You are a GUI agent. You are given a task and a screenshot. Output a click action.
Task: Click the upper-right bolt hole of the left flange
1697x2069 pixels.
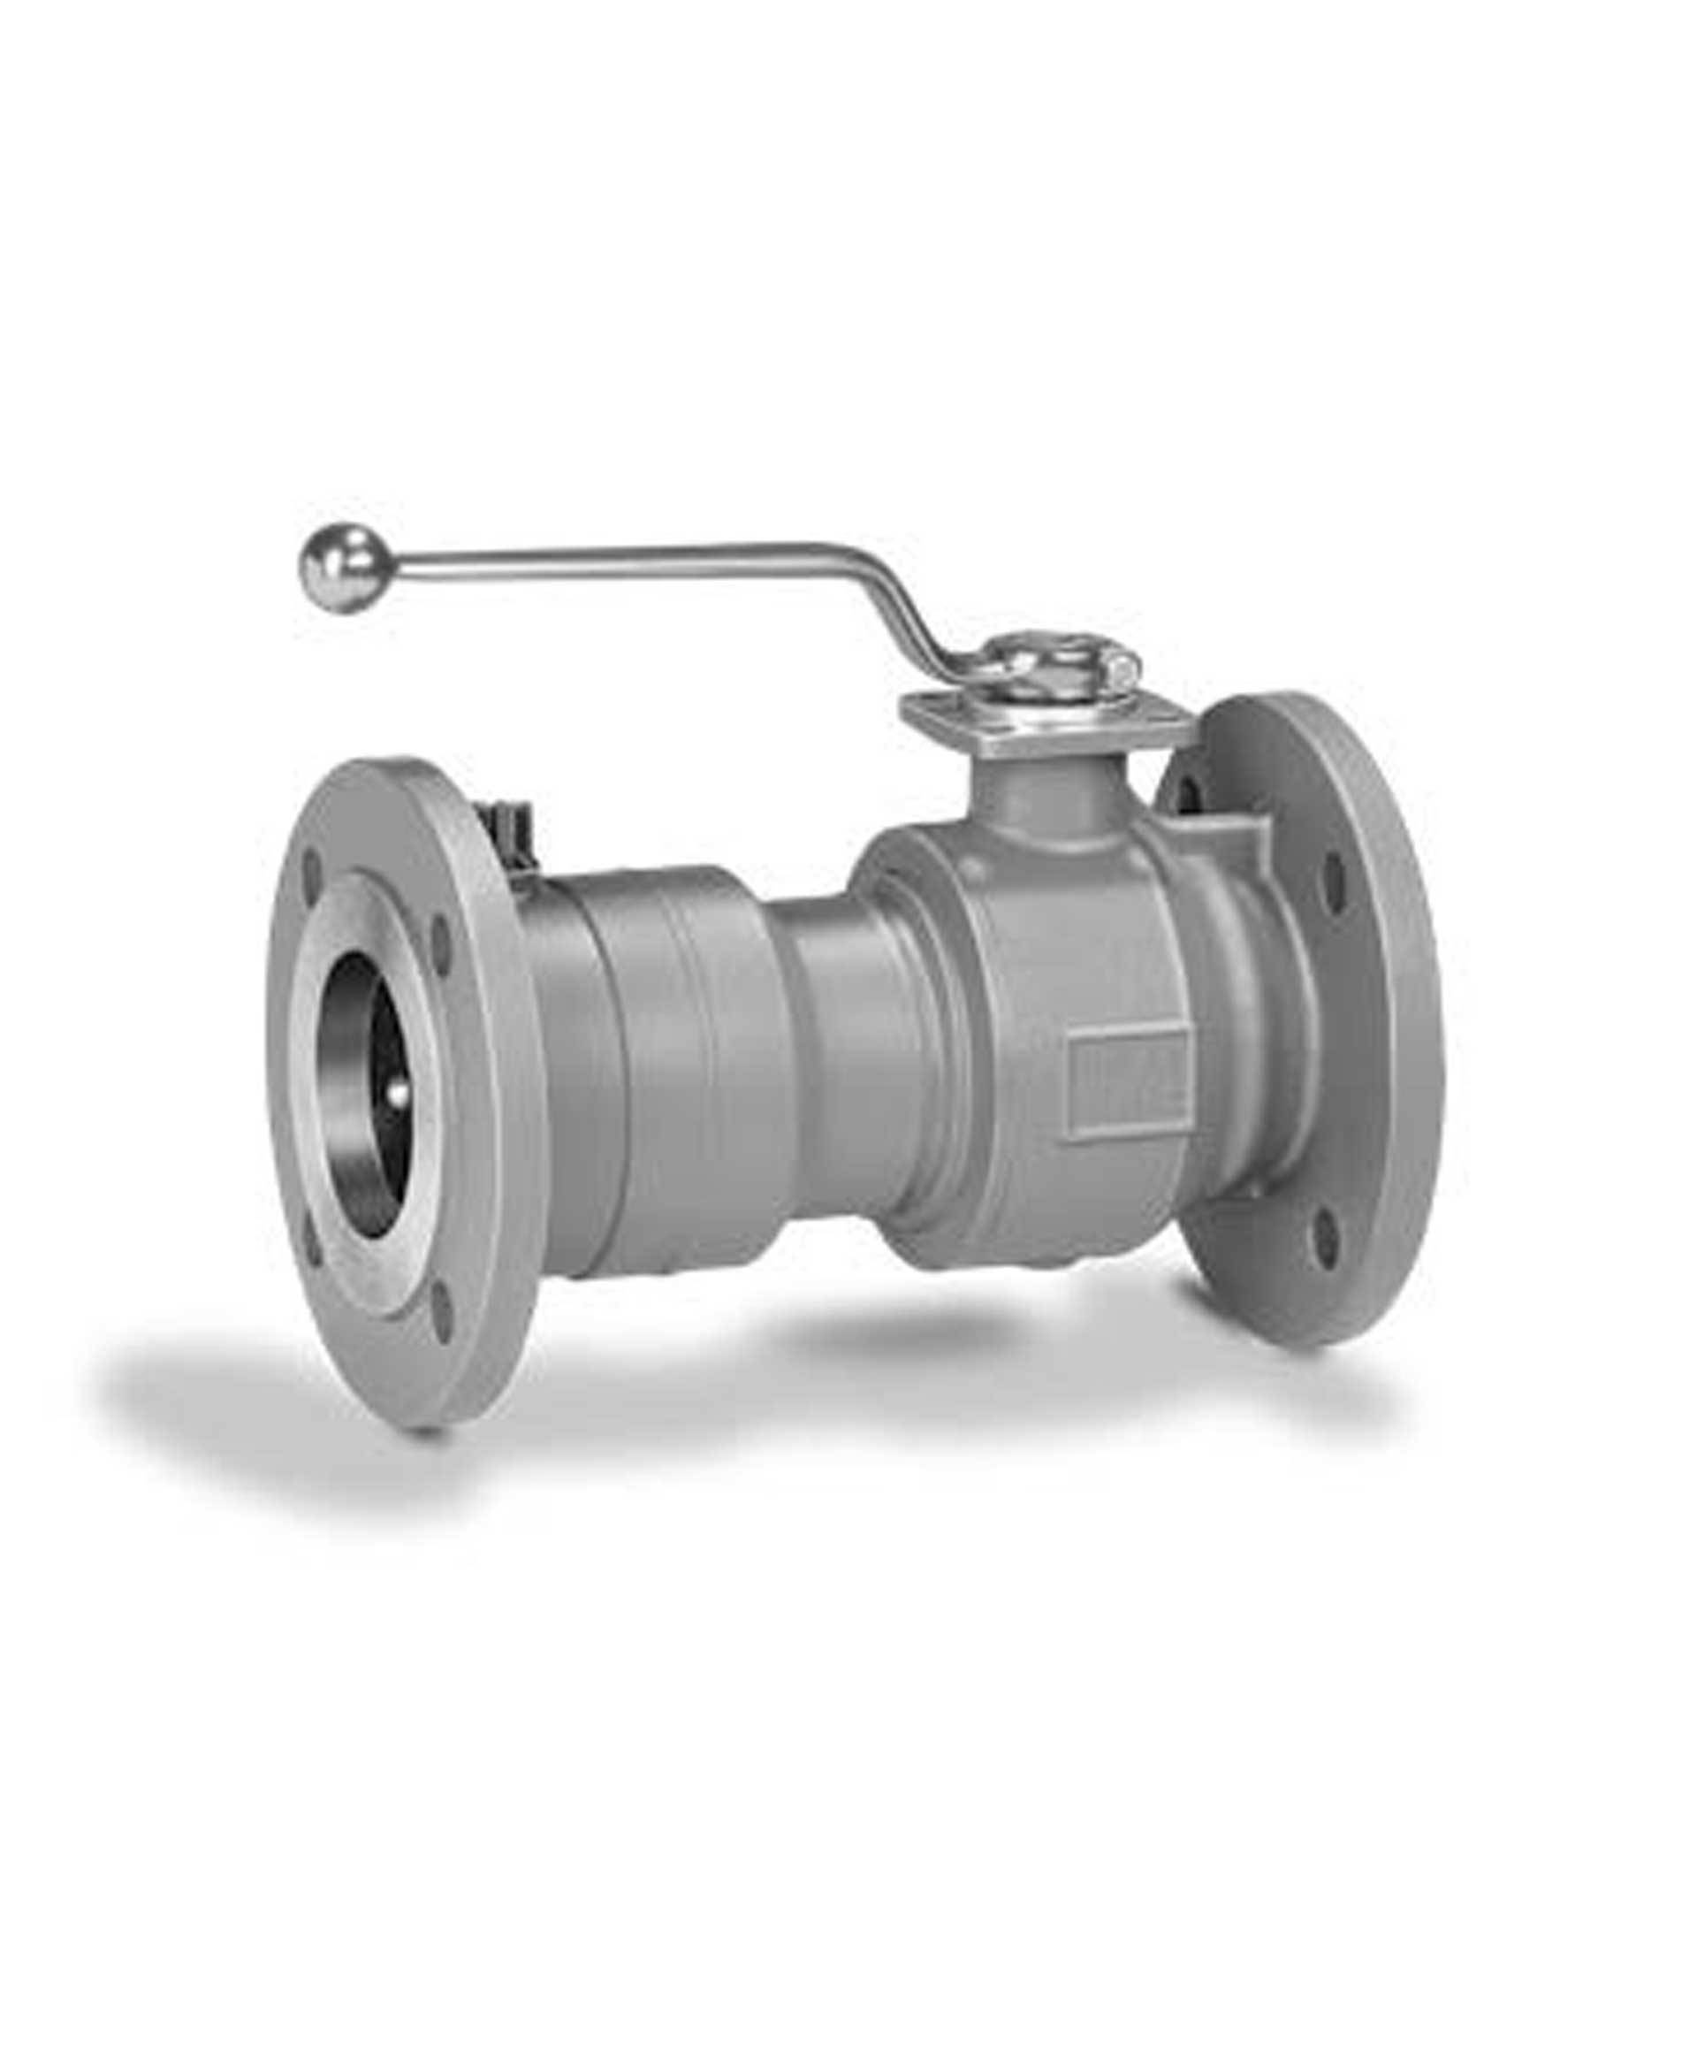[442, 935]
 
